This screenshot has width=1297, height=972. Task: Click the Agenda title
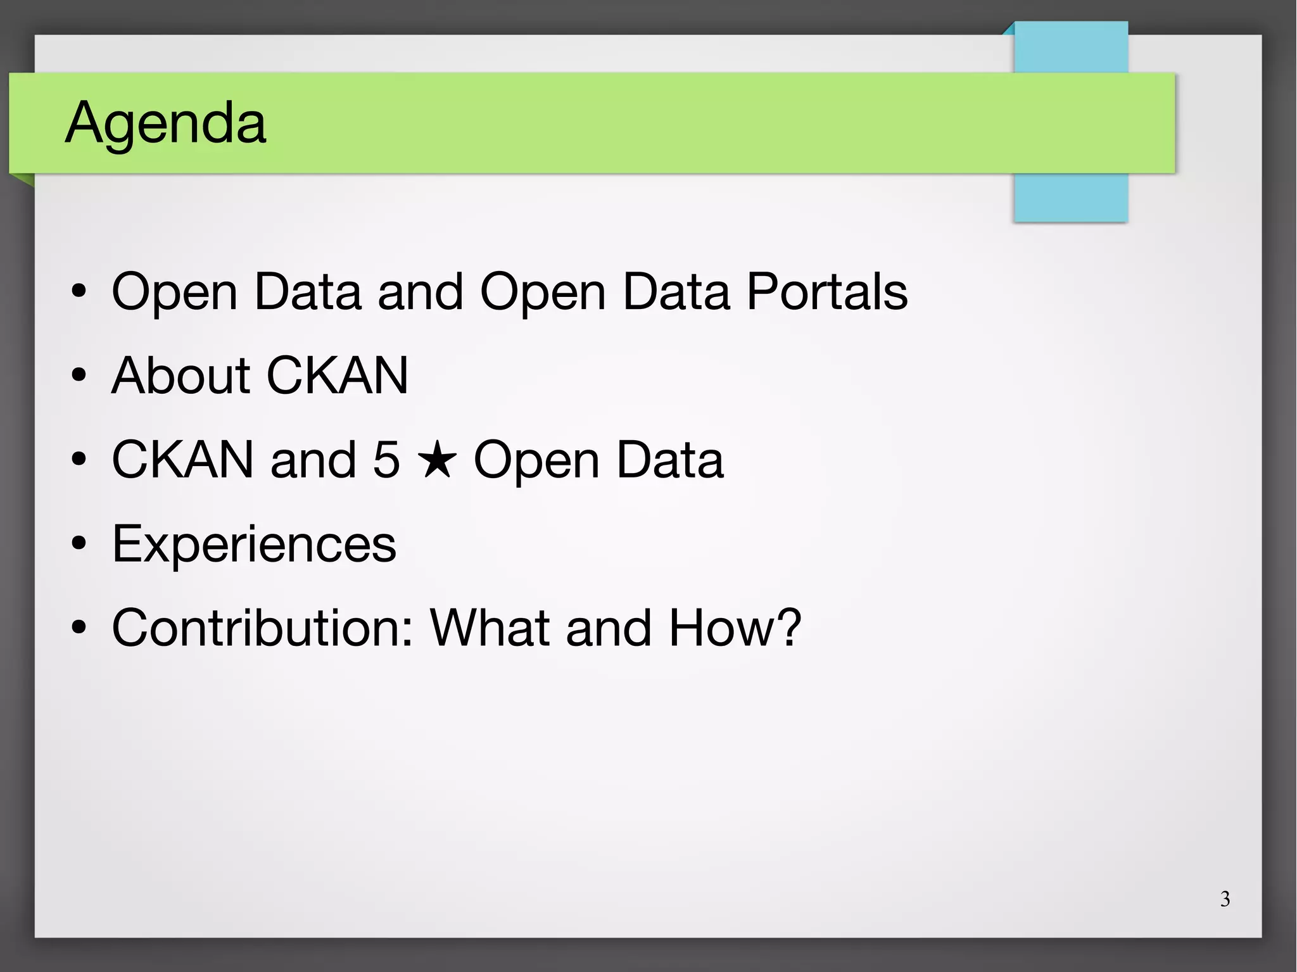pyautogui.click(x=166, y=123)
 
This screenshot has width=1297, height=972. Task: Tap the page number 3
pyautogui.click(x=1225, y=899)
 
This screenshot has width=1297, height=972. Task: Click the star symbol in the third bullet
pyautogui.click(x=437, y=460)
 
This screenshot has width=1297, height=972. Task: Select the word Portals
pyautogui.click(x=827, y=291)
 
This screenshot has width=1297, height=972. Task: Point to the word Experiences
pyautogui.click(x=254, y=544)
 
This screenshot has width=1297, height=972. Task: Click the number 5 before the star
pyautogui.click(x=386, y=460)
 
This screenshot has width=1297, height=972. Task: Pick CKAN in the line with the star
pyautogui.click(x=182, y=460)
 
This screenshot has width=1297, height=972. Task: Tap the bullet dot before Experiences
pyautogui.click(x=79, y=544)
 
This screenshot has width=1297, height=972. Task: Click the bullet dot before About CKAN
pyautogui.click(x=79, y=376)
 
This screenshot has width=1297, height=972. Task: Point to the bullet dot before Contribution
pyautogui.click(x=79, y=628)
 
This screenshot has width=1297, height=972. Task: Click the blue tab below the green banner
pyautogui.click(x=1070, y=197)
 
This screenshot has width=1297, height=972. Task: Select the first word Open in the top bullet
pyautogui.click(x=174, y=293)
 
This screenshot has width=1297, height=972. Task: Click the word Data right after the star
pyautogui.click(x=669, y=460)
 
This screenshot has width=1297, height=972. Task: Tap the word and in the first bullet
pyautogui.click(x=421, y=291)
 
